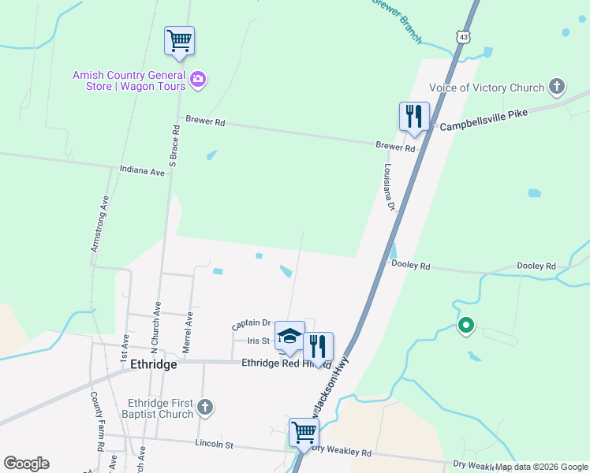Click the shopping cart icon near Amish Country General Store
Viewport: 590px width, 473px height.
point(180,40)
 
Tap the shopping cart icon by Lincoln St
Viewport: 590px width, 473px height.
point(304,431)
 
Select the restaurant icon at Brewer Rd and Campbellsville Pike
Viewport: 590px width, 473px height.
point(414,116)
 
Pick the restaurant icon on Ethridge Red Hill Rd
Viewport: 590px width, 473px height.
point(318,346)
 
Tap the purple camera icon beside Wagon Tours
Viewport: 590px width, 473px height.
point(197,79)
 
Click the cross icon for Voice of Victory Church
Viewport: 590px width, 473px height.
point(557,87)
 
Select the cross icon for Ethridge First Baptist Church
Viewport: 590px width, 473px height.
point(205,408)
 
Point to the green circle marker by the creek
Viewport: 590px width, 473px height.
point(466,325)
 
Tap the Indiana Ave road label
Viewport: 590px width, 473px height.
point(142,170)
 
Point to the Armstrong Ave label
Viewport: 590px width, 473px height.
point(99,224)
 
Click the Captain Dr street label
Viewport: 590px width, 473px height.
point(251,323)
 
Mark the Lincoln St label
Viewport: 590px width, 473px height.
point(215,444)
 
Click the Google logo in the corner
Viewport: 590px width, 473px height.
point(26,464)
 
